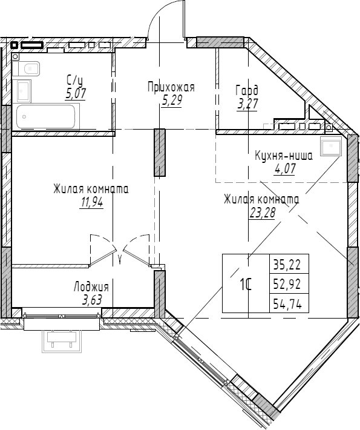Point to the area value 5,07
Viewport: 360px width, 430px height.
(x=76, y=93)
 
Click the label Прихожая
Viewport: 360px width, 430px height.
(x=171, y=88)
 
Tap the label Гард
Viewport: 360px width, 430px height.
(x=247, y=91)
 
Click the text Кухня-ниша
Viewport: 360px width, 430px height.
(x=283, y=156)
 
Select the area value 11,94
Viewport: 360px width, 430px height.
(x=91, y=203)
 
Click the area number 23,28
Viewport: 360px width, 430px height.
(x=261, y=212)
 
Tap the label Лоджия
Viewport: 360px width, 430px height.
(x=91, y=287)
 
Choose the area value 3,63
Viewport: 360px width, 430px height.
(x=91, y=299)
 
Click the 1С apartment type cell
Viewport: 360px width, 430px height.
(x=245, y=283)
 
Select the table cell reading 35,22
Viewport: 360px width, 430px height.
(x=290, y=264)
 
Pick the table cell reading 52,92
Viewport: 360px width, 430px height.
(x=290, y=283)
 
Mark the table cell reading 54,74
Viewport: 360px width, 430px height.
(x=290, y=302)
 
